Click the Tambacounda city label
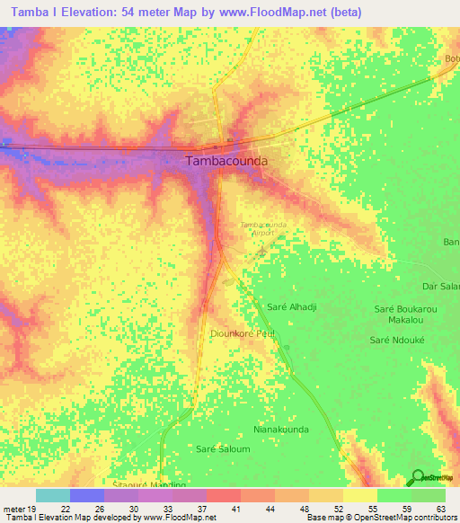tap(226, 162)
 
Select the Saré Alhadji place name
tap(292, 307)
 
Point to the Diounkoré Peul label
tap(241, 333)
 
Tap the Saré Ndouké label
tap(398, 340)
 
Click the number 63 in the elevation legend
tap(439, 508)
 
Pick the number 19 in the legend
tap(33, 508)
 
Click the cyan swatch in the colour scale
tap(52, 495)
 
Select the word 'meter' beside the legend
tap(13, 508)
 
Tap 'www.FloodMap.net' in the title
tap(283, 13)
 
